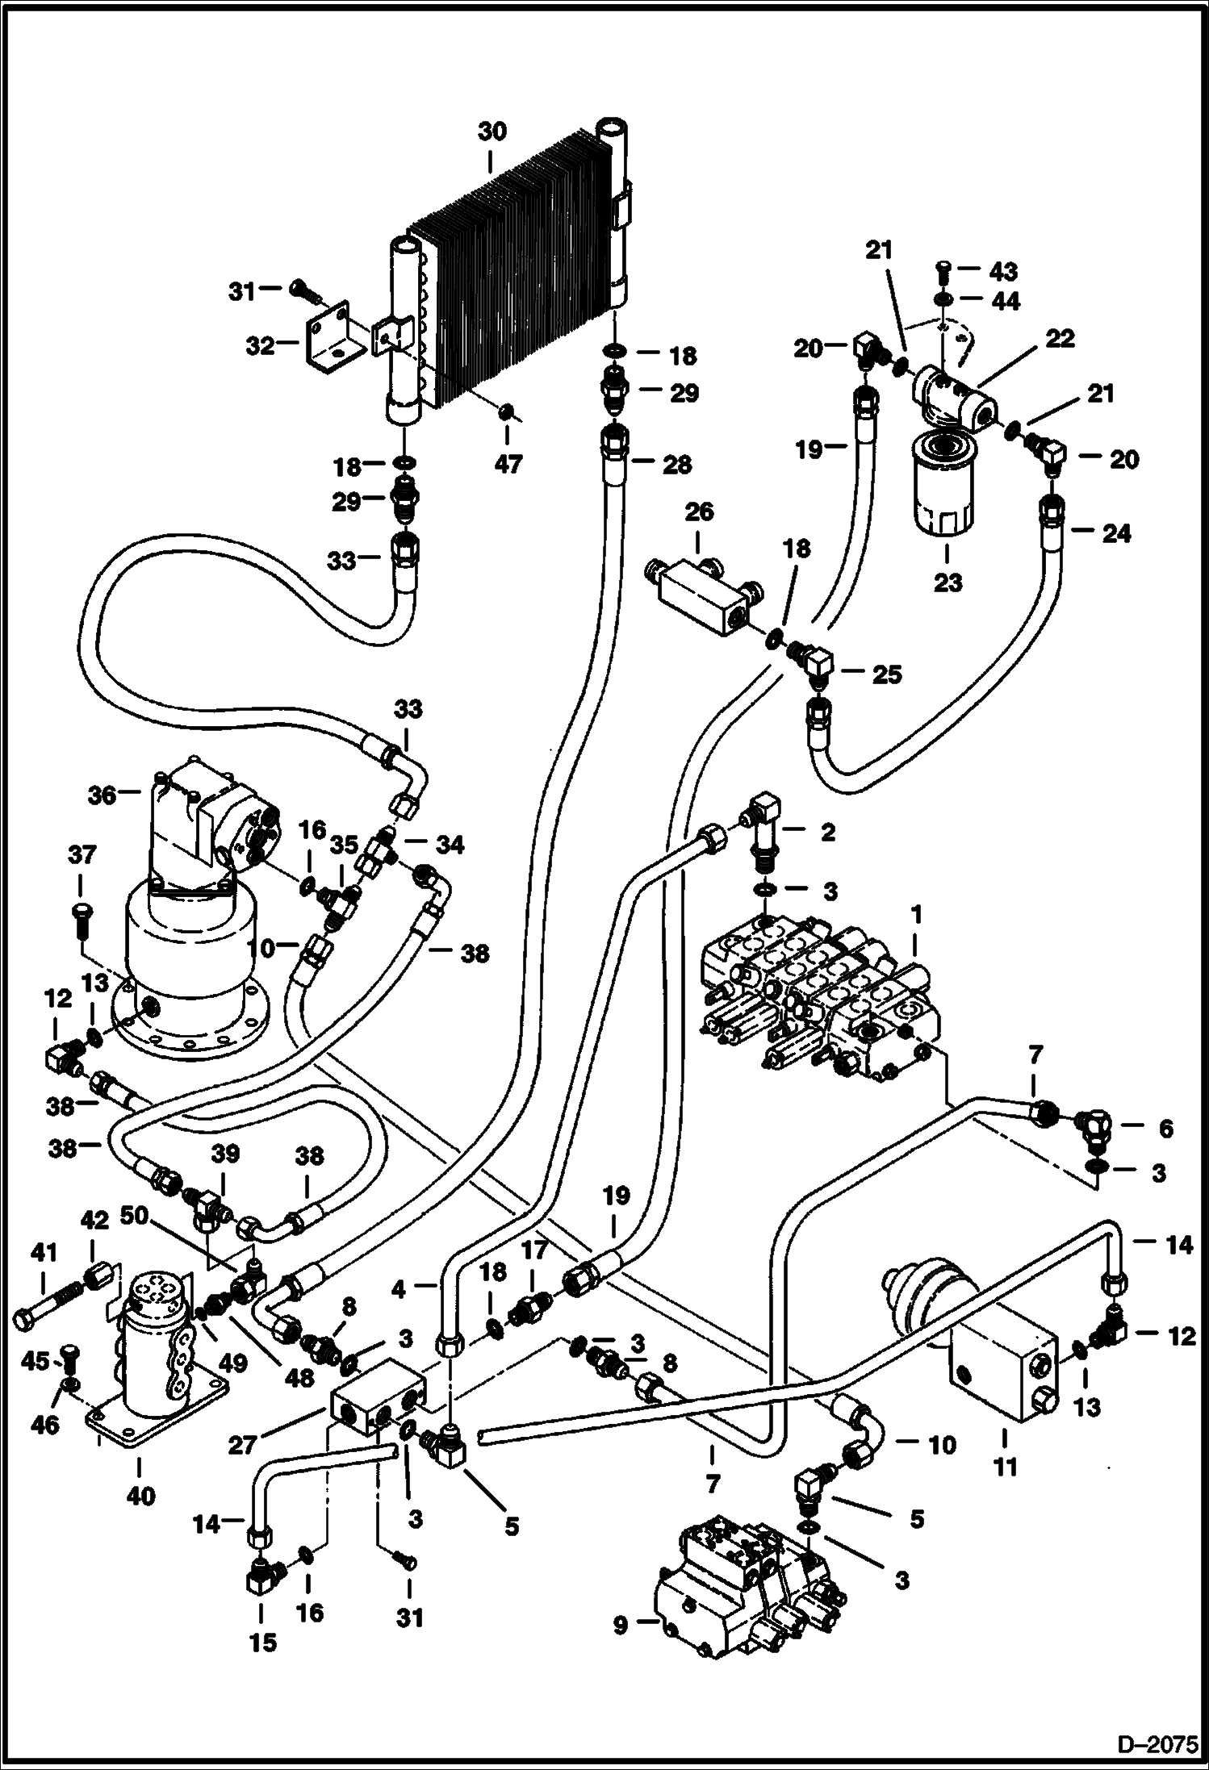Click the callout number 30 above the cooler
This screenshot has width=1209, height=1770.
click(492, 131)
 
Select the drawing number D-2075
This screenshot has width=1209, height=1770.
click(1156, 1744)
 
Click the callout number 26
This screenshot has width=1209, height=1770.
click(699, 513)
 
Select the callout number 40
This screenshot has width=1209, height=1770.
click(141, 1496)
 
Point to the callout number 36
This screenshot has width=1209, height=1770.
click(102, 795)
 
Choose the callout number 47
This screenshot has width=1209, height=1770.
click(508, 465)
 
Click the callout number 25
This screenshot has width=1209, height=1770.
click(887, 674)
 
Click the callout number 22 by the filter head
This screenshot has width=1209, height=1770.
click(1060, 339)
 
